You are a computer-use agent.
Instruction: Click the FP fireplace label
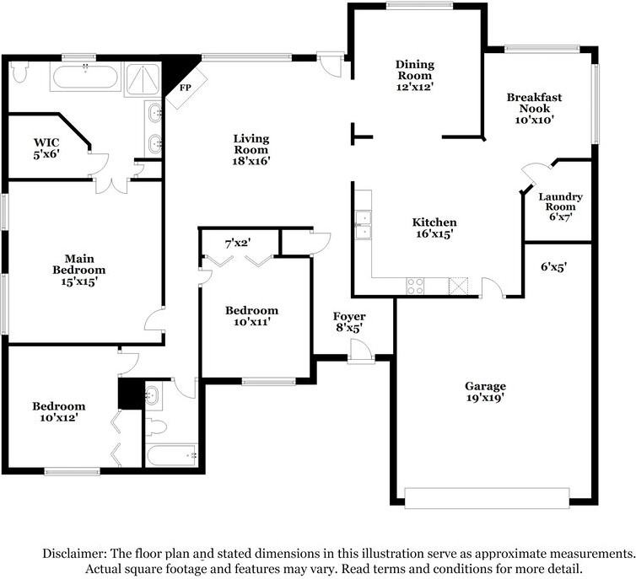(185, 87)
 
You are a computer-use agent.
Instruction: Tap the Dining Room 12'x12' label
(414, 74)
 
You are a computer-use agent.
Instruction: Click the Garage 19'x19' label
(485, 392)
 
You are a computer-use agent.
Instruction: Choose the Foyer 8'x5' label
(348, 322)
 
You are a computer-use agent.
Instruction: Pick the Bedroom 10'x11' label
(251, 316)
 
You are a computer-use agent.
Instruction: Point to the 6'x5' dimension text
(553, 266)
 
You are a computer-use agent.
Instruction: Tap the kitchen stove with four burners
(416, 286)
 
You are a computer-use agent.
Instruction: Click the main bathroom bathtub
(85, 80)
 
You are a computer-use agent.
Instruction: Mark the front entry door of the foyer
(362, 357)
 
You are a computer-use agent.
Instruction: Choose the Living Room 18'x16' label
(251, 148)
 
